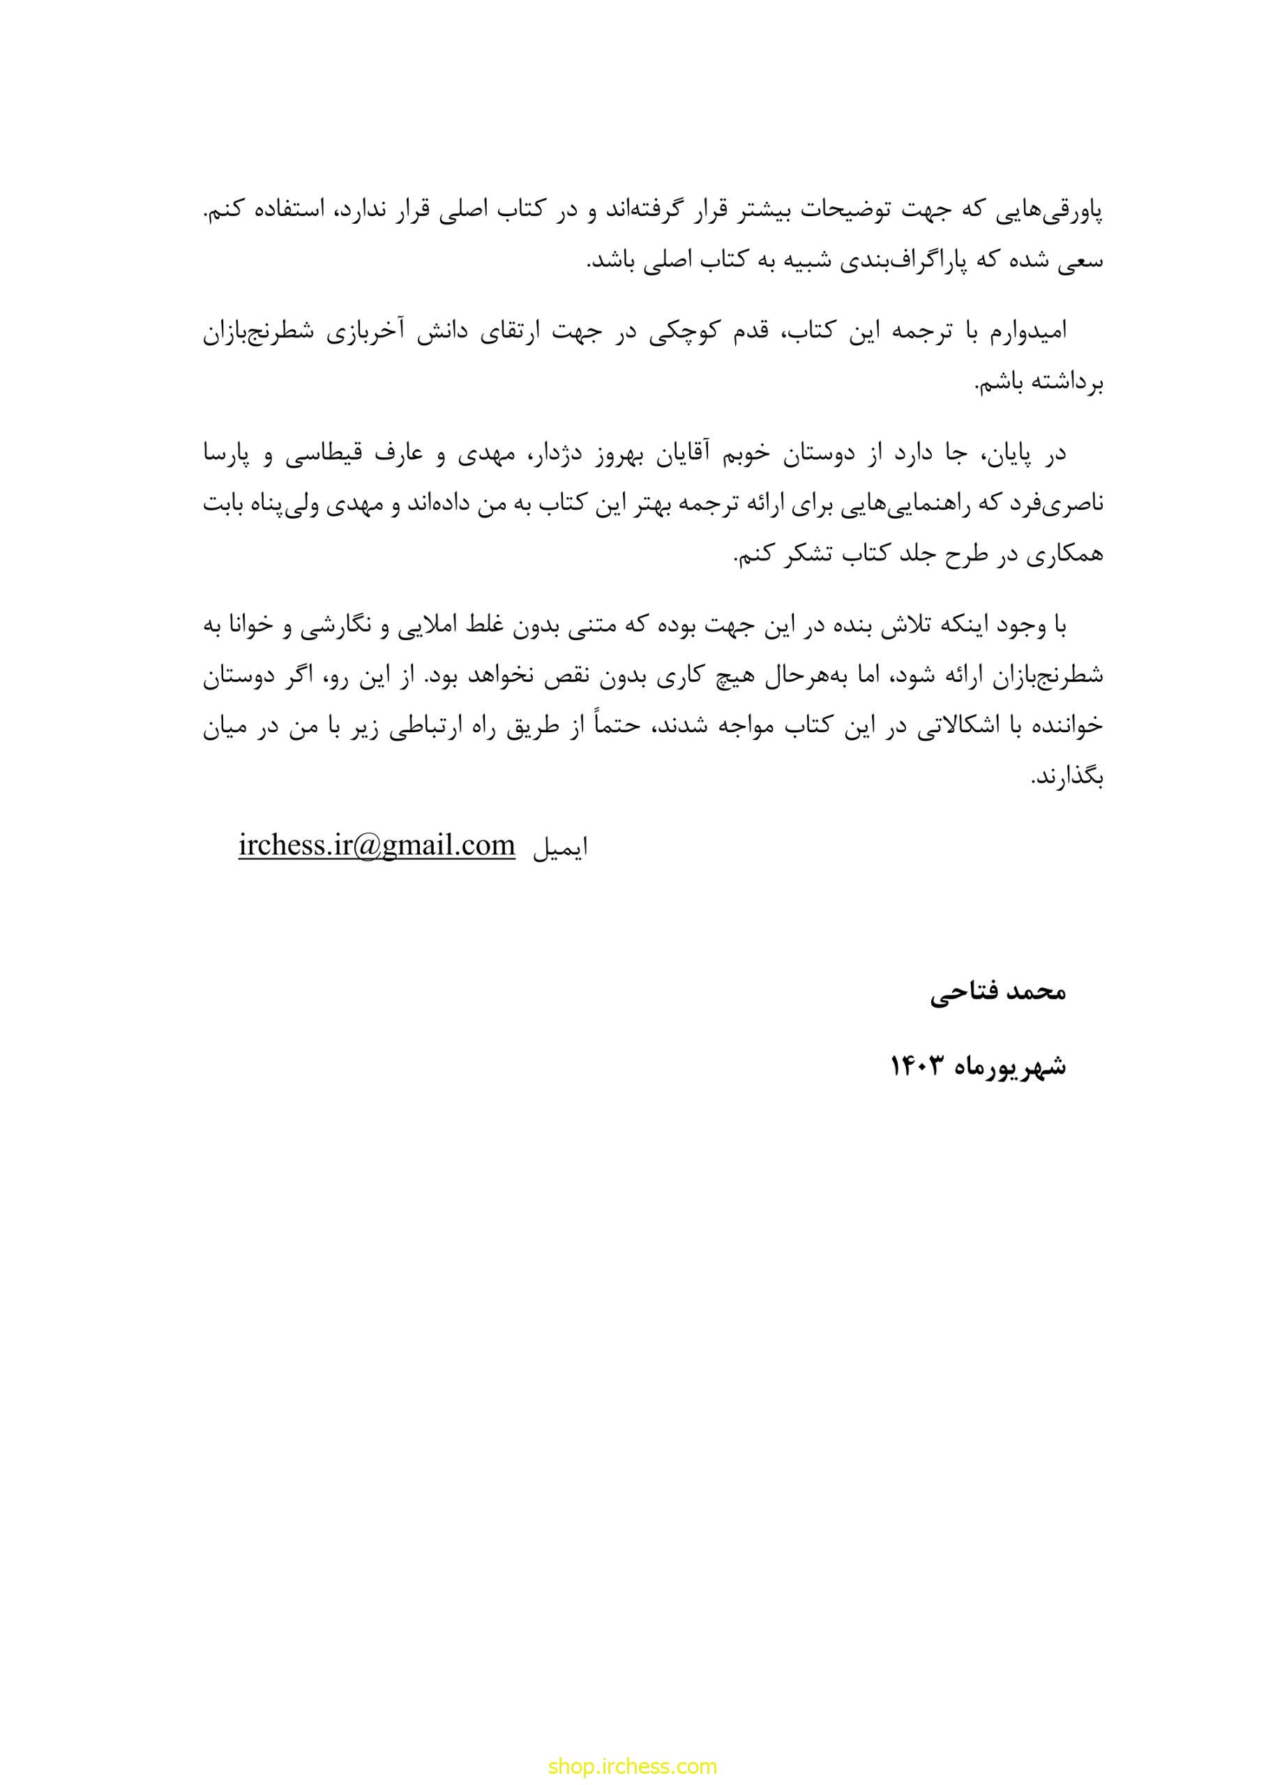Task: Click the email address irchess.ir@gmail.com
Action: (377, 845)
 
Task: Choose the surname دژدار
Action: (557, 455)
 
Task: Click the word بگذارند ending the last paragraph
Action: (1068, 777)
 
